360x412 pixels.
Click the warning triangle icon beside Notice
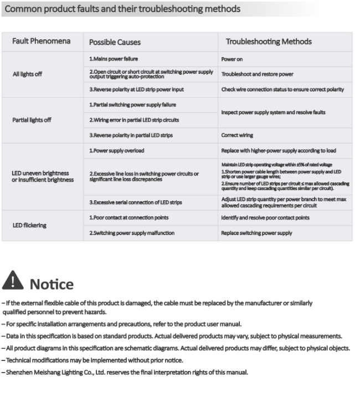tap(13, 281)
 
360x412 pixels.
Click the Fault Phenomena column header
tap(42, 42)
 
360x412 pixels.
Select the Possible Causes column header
tap(115, 42)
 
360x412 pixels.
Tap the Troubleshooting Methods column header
tap(269, 42)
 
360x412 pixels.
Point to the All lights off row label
tap(27, 74)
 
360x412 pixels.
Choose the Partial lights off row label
tap(32, 120)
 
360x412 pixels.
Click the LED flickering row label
tap(30, 225)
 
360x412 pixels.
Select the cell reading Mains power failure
tap(114, 59)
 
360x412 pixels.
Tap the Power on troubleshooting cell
tap(232, 59)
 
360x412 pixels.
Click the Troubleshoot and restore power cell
tap(258, 74)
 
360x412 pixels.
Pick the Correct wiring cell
tap(238, 135)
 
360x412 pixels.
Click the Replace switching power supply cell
tap(256, 233)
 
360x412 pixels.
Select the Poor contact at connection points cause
tap(128, 218)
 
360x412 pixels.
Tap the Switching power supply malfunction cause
tap(132, 233)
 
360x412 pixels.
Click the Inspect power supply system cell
tap(273, 112)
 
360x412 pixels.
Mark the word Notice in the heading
tap(52, 284)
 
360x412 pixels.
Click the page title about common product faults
tap(123, 9)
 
